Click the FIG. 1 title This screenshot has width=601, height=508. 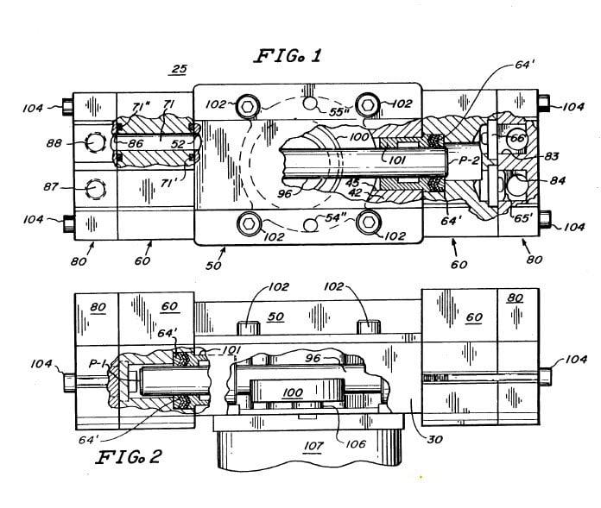[287, 58]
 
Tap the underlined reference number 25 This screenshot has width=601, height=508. [179, 69]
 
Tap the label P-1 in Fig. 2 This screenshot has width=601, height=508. [98, 365]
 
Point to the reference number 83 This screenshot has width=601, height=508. [551, 158]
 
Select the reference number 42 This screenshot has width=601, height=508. [355, 193]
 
